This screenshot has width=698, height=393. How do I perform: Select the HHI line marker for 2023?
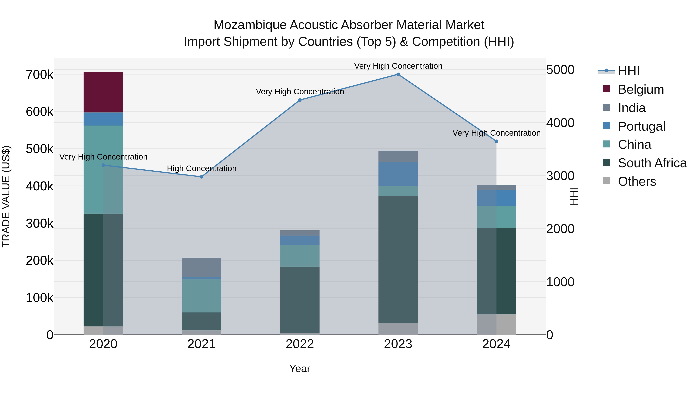[398, 74]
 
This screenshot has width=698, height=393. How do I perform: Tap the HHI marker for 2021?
[201, 177]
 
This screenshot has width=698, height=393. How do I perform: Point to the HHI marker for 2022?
[300, 100]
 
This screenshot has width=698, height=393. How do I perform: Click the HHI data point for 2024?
[496, 141]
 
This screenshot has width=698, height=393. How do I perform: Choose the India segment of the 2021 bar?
[201, 267]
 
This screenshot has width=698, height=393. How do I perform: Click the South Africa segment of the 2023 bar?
[398, 259]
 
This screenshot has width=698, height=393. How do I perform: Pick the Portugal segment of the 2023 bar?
[398, 174]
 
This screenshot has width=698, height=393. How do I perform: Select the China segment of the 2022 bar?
[300, 256]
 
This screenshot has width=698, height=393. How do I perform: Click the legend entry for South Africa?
[652, 163]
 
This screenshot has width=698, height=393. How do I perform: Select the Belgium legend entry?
[641, 89]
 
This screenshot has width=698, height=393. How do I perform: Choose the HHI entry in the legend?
[628, 71]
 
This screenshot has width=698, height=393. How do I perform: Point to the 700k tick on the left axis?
[40, 75]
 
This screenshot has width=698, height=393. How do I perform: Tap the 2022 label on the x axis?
[300, 344]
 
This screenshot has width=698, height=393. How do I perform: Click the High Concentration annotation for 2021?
[202, 168]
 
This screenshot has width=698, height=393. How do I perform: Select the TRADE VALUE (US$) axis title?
[6, 196]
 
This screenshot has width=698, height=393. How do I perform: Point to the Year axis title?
[300, 369]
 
